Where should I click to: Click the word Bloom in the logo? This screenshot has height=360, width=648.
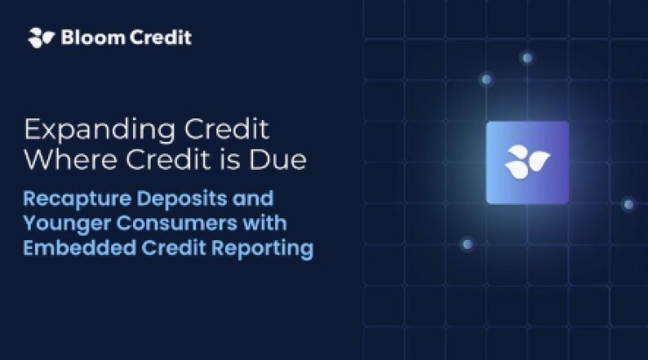(x=93, y=37)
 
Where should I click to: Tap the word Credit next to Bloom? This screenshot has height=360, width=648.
(x=161, y=37)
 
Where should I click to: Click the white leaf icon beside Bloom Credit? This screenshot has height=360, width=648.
(x=41, y=38)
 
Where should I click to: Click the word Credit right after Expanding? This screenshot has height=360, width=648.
(x=227, y=129)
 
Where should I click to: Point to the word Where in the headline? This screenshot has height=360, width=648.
(x=70, y=159)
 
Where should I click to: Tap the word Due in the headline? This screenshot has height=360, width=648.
(x=278, y=159)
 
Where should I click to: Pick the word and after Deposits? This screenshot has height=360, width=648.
(x=253, y=198)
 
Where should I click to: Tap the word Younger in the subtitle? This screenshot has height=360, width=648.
(x=67, y=224)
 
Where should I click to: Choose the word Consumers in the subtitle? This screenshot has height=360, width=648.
(x=177, y=223)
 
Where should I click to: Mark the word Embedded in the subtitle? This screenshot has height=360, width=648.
(x=80, y=248)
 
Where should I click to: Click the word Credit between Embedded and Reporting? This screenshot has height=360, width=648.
(x=173, y=248)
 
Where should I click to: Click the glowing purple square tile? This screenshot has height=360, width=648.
(x=527, y=163)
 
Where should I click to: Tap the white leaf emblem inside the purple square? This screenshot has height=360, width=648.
(x=527, y=162)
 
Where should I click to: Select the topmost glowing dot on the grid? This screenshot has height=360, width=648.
(x=527, y=58)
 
